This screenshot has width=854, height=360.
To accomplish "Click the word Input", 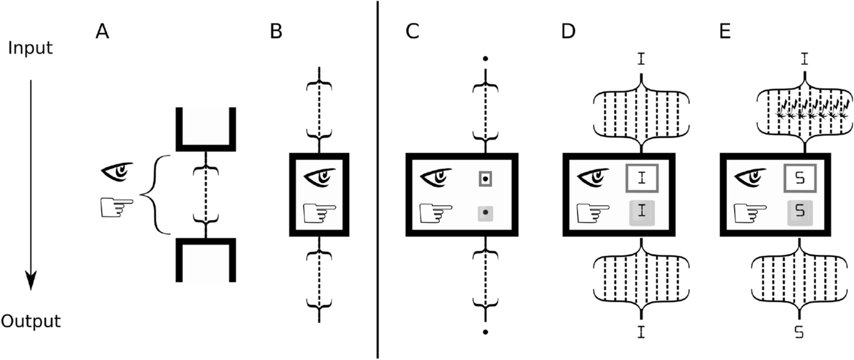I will click(31, 48).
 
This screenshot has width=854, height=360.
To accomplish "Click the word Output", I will click(31, 321).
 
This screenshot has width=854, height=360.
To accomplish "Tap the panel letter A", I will click(102, 33).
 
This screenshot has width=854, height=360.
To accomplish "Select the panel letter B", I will click(276, 33).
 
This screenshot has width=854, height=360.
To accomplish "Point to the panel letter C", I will click(412, 33).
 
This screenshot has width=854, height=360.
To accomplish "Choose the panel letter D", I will click(568, 33).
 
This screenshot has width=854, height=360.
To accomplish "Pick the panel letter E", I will click(725, 33).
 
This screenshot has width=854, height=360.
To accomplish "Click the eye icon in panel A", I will click(118, 171).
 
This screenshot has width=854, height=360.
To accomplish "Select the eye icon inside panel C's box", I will click(436, 178).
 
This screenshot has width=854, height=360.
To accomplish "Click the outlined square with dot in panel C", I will click(485, 179).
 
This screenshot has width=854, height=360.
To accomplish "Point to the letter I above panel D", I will click(642, 59).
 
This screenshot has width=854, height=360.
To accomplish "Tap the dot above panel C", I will click(485, 59).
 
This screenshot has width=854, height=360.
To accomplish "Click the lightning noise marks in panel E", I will click(812, 109).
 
